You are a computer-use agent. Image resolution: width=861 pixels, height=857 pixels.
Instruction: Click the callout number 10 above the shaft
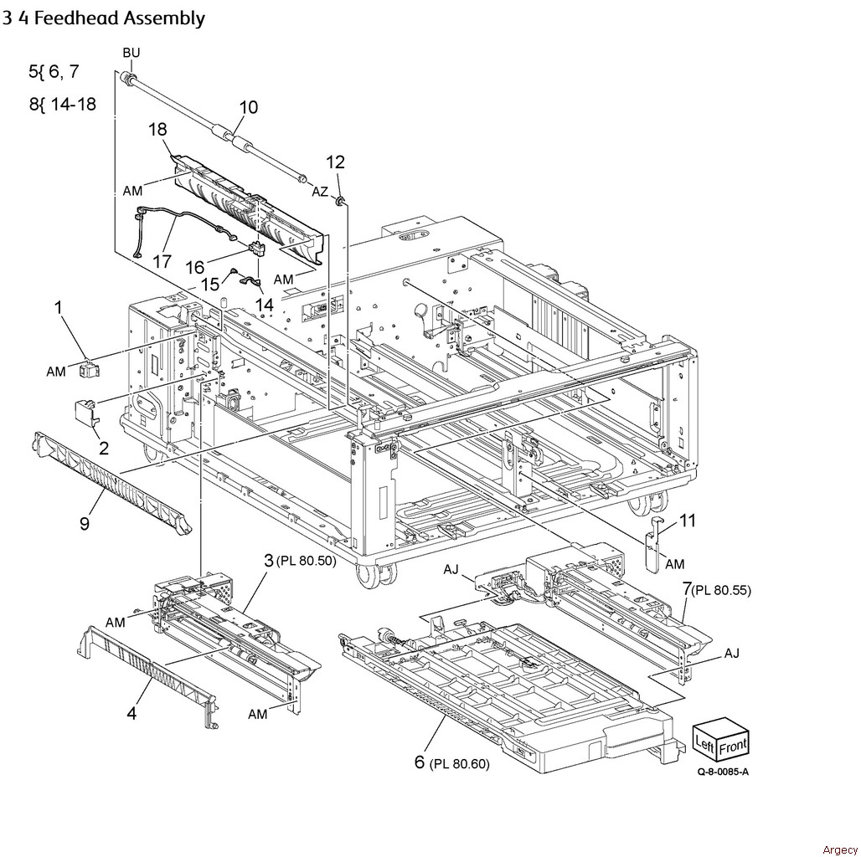[248, 107]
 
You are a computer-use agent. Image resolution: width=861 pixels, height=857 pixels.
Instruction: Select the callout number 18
[158, 130]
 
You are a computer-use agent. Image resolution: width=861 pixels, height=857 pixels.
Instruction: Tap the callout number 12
[335, 162]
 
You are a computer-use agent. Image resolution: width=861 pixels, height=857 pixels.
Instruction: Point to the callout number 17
[162, 261]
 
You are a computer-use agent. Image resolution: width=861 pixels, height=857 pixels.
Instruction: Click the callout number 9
[85, 523]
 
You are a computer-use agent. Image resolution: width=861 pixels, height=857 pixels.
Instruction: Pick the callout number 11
[687, 521]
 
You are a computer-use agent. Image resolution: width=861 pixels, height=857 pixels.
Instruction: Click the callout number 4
[131, 714]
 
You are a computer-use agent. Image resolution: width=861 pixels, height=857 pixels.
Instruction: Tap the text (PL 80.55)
[721, 590]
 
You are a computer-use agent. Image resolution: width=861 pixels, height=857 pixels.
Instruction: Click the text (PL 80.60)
[459, 763]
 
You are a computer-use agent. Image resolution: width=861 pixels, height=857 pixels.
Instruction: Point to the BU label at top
[131, 53]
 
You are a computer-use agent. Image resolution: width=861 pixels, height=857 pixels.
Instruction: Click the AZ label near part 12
[320, 192]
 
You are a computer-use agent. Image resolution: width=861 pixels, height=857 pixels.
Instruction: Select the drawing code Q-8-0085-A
[723, 772]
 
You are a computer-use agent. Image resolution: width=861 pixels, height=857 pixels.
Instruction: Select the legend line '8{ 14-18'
[62, 105]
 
